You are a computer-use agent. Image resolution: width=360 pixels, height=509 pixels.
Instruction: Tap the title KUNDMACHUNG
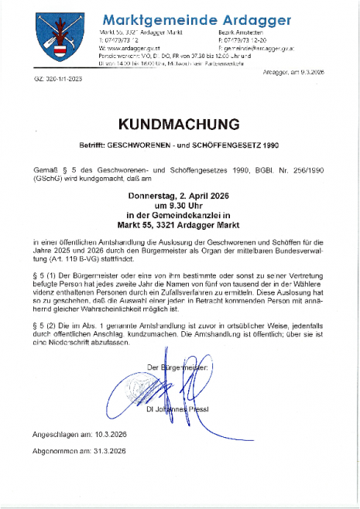pyautogui.click(x=180, y=125)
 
